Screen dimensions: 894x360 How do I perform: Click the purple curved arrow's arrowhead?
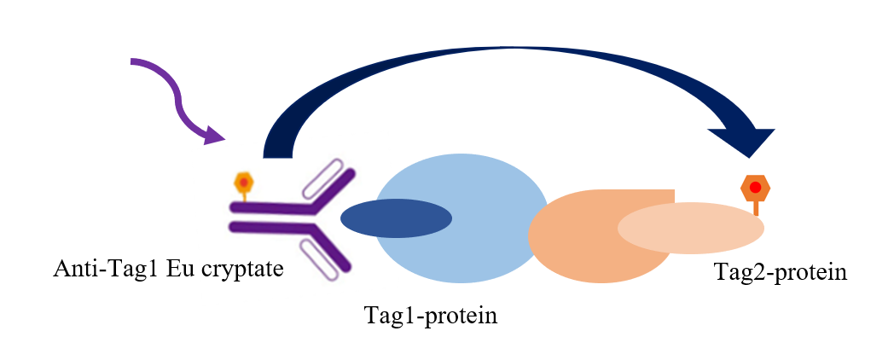[x=214, y=135]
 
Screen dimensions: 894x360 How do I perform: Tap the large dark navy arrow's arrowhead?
[x=744, y=141]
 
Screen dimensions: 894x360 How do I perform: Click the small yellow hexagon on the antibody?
[x=244, y=183]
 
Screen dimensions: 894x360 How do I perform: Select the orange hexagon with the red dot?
[x=756, y=188]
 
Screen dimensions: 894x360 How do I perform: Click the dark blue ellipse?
[x=397, y=218]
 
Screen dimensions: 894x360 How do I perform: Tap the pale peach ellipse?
[x=691, y=229]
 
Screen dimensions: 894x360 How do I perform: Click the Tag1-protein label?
[x=431, y=315]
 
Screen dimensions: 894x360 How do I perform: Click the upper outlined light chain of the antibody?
[x=322, y=177]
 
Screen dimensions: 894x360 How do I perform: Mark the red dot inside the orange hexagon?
[x=756, y=187]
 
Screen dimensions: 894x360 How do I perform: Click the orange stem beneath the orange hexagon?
[x=756, y=208]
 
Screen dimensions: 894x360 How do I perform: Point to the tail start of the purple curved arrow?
[x=131, y=61]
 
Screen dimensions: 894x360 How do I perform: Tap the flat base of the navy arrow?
[x=277, y=158]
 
